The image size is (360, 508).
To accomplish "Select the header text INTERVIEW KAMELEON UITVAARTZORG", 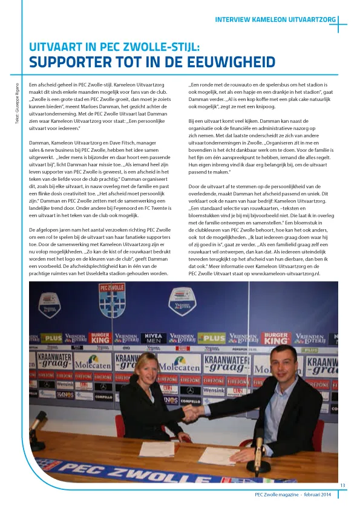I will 275,20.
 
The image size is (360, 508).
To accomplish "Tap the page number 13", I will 342,486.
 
